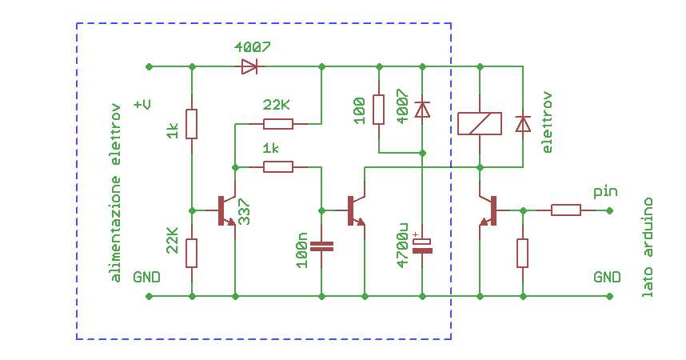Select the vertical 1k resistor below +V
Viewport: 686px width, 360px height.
(x=192, y=124)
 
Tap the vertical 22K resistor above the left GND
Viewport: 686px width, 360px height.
(x=192, y=253)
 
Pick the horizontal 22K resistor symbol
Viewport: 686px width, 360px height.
(x=278, y=124)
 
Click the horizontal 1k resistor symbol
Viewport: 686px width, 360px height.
(x=278, y=167)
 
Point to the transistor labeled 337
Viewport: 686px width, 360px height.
(x=227, y=210)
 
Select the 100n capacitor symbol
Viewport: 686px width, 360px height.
(x=321, y=246)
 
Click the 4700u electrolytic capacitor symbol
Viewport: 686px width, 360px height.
(x=422, y=246)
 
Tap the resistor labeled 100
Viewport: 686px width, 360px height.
(x=379, y=109)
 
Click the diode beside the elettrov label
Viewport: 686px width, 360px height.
(x=522, y=124)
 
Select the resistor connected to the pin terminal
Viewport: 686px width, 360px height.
(x=565, y=210)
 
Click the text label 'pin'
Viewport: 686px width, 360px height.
(x=605, y=193)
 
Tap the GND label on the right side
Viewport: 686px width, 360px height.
(x=607, y=278)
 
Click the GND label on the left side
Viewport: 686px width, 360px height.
(x=146, y=278)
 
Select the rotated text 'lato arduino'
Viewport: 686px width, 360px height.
(x=648, y=247)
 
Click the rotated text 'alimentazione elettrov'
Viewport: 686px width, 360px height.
(x=116, y=192)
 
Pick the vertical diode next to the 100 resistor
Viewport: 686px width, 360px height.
(x=422, y=109)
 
